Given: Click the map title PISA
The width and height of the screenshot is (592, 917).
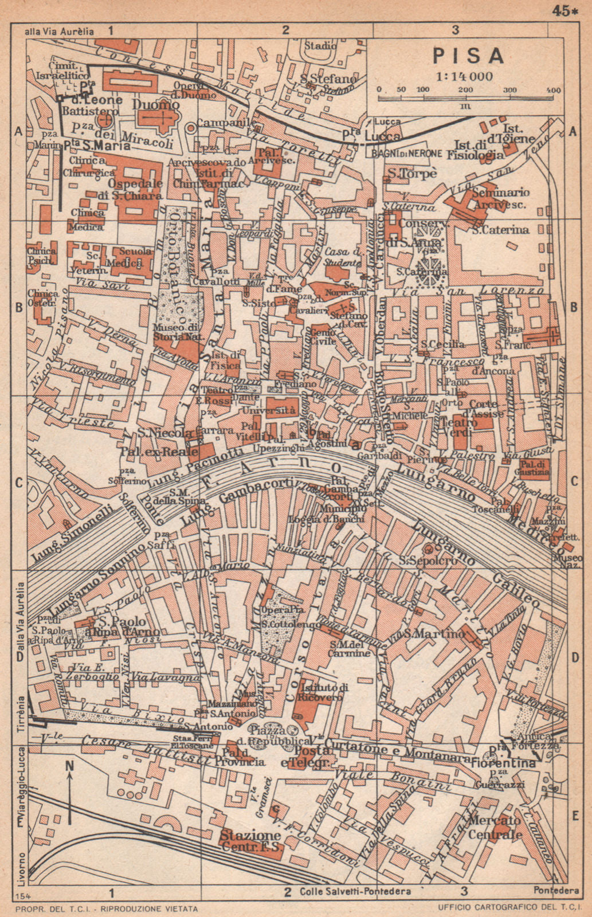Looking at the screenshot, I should click(x=468, y=56).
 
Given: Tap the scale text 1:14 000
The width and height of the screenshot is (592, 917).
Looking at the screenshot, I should click(x=464, y=76).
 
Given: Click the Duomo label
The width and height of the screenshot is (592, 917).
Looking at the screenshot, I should click(x=155, y=105).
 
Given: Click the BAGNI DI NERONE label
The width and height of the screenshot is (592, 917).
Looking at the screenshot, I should click(x=406, y=153).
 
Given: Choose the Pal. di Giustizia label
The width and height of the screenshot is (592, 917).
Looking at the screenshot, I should click(x=534, y=468).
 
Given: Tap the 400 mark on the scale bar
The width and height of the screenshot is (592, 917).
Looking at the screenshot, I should click(x=553, y=91).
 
